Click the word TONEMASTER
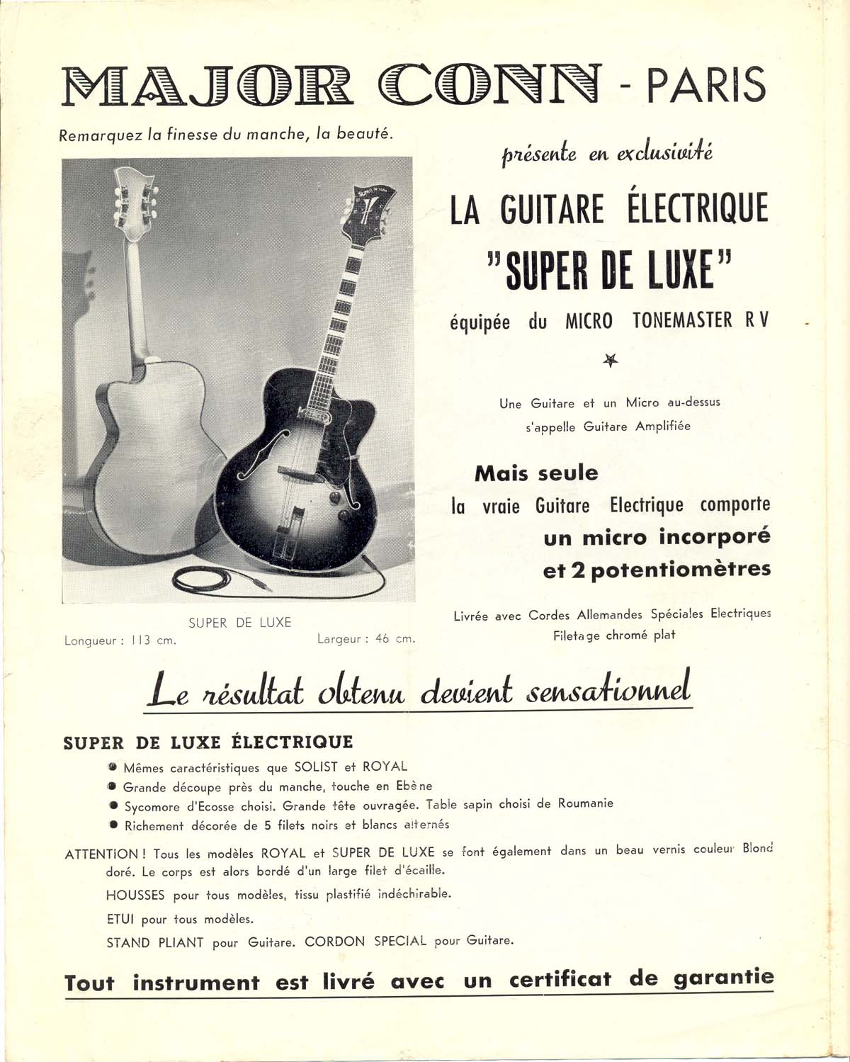point(682,321)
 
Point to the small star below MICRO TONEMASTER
point(611,361)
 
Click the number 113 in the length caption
point(142,640)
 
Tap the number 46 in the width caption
point(382,639)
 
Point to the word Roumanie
point(585,803)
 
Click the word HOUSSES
point(135,895)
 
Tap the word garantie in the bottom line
point(723,979)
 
